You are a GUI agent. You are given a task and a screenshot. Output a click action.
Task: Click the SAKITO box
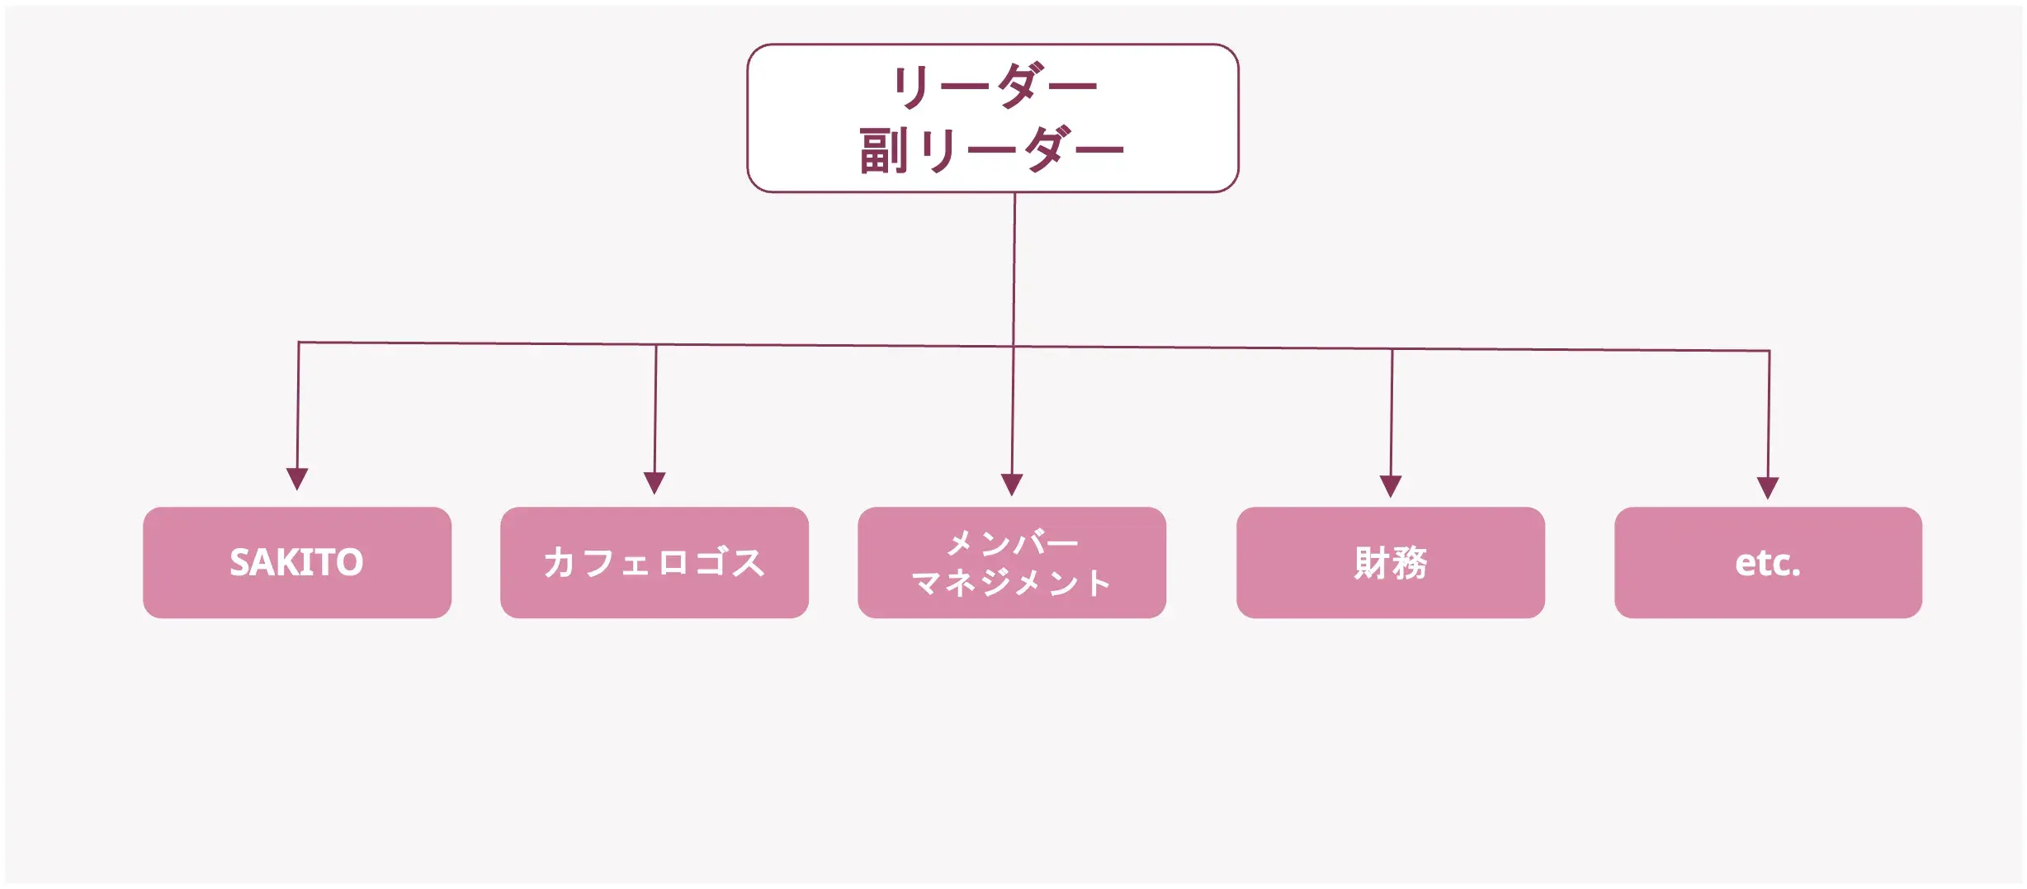point(296,562)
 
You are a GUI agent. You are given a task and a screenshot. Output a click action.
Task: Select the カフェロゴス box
point(654,562)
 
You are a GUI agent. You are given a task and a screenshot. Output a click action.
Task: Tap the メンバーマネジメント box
point(1011,562)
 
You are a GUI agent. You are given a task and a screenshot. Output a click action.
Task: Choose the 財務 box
point(1390,562)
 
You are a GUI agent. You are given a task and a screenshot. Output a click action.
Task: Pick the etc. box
point(1768,562)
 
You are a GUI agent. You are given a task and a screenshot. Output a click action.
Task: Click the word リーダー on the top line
point(994,86)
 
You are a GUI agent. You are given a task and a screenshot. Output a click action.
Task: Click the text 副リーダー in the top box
point(991,150)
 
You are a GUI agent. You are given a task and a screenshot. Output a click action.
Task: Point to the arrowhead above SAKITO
point(297,479)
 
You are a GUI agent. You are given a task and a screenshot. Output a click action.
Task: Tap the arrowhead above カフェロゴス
point(654,483)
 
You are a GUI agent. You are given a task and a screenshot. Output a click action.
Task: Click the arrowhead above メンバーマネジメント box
point(1012,485)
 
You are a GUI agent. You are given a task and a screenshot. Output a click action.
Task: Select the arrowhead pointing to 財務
point(1391,486)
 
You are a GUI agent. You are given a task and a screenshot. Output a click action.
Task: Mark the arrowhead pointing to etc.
point(1768,488)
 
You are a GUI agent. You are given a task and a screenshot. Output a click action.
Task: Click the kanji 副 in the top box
point(883,151)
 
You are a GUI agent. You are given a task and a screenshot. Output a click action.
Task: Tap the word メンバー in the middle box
point(1012,543)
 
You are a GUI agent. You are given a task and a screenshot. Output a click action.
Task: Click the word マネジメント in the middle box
point(1011,583)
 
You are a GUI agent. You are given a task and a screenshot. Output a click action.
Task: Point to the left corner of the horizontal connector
point(299,343)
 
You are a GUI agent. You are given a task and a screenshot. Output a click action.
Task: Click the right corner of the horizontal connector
point(1769,351)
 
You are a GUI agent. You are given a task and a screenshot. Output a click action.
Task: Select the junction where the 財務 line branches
point(1392,349)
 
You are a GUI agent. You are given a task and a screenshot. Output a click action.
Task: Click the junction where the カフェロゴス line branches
point(656,345)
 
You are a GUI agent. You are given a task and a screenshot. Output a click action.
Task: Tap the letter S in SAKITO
point(240,563)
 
